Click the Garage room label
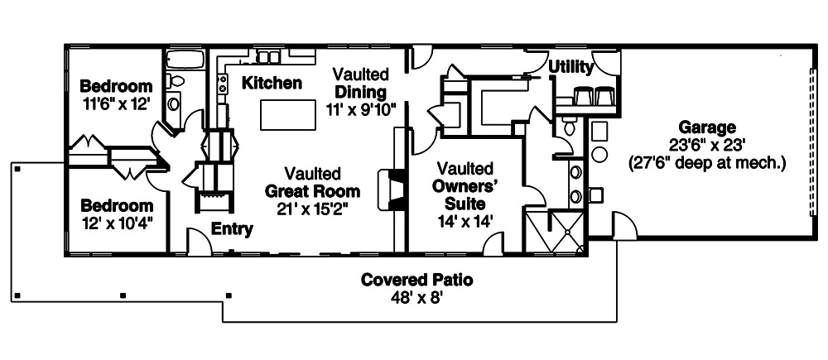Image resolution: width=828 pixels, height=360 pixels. coord(707,127)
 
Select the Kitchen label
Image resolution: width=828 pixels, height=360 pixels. coord(272,83)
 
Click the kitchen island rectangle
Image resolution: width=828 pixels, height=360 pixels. coord(287,114)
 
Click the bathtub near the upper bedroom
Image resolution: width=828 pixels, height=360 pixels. coord(185,60)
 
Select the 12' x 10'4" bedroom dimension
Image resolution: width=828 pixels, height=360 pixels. coord(117,223)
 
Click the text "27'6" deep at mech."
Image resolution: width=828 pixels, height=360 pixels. coord(707,162)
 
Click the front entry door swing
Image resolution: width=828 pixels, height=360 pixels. coord(200,242)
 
